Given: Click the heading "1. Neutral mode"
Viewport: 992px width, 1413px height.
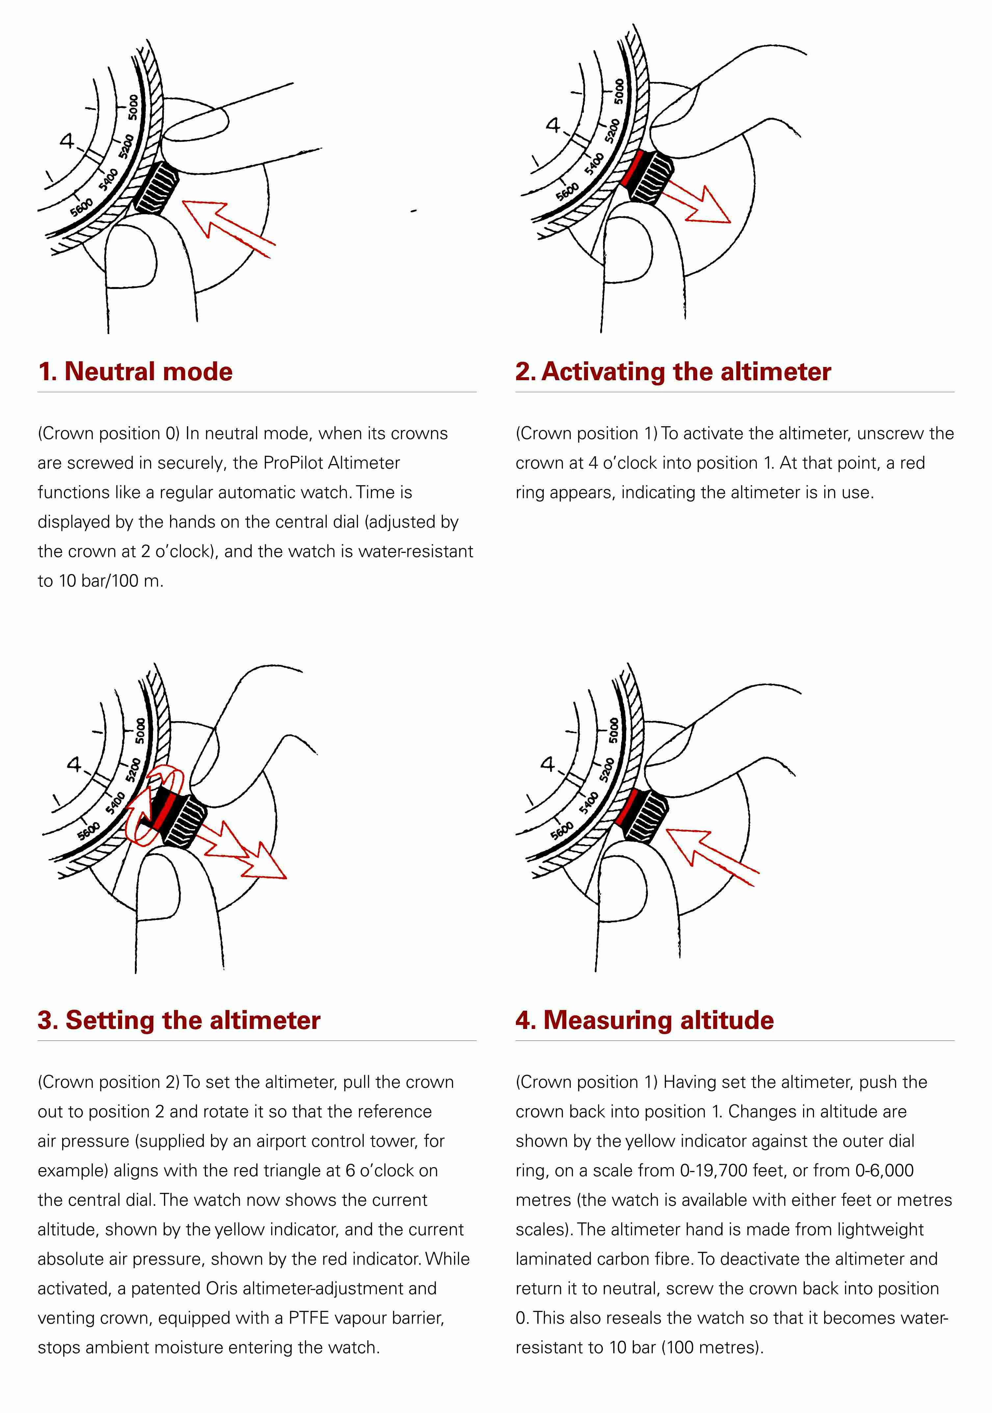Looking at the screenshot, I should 135,372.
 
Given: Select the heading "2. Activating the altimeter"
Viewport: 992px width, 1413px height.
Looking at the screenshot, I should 673,372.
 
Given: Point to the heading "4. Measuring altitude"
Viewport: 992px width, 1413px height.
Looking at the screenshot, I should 644,1020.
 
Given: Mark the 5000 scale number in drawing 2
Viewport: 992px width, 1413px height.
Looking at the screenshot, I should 619,92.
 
